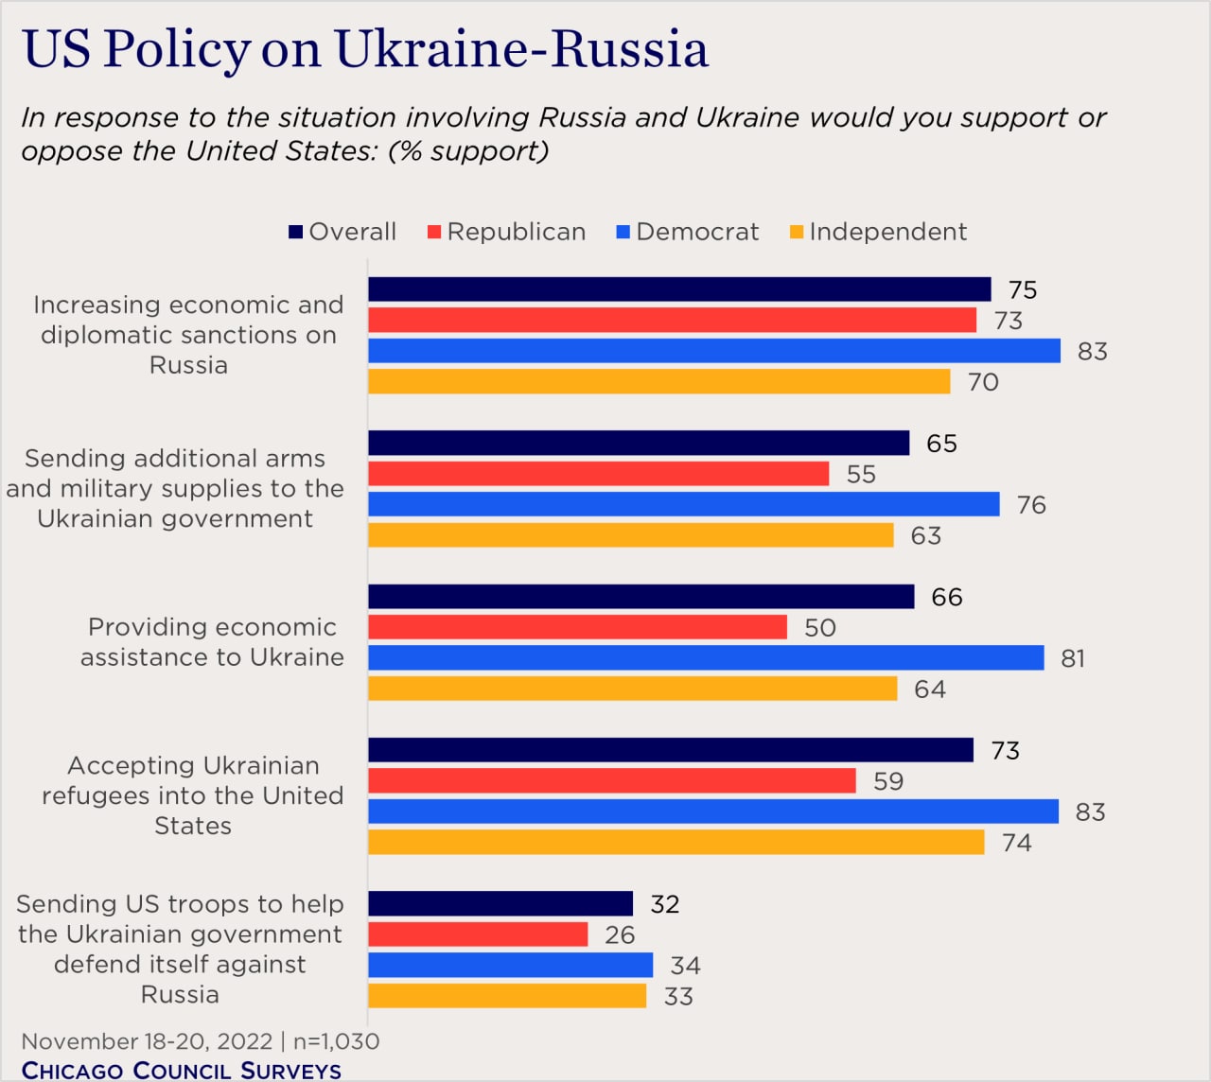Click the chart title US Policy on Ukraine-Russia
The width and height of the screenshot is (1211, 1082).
[365, 49]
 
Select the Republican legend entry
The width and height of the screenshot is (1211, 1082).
[506, 232]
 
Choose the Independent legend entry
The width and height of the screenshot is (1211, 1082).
[878, 232]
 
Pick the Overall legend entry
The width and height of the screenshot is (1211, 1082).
[342, 232]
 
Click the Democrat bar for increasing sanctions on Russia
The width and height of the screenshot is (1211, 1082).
[714, 351]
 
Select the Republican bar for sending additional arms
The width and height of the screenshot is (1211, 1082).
[598, 474]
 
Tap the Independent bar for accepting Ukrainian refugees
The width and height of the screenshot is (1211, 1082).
[676, 842]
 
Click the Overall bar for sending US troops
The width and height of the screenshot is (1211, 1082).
[500, 903]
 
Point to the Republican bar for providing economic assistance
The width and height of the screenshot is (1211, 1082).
[577, 627]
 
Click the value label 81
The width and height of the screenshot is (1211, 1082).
[1073, 658]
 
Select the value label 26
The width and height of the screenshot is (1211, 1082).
[620, 934]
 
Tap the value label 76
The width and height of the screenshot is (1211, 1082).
[1031, 505]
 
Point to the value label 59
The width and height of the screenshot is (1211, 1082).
[888, 781]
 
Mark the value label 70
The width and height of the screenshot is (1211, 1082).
[983, 382]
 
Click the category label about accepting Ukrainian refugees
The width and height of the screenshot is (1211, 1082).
[192, 795]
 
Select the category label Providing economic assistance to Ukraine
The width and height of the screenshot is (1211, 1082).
[212, 642]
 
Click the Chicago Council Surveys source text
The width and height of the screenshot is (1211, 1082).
[182, 1070]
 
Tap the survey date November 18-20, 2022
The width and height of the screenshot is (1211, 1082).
[147, 1041]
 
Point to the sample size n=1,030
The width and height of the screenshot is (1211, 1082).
[336, 1041]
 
